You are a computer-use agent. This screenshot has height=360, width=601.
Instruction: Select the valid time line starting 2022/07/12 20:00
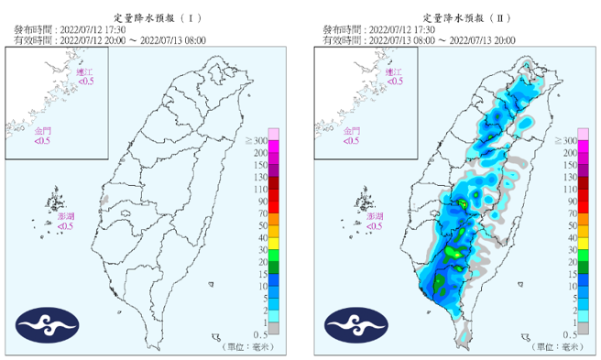pos(109,40)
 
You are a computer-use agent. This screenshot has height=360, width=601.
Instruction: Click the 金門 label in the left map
pos(43,131)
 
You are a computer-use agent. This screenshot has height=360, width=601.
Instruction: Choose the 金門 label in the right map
pos(352,131)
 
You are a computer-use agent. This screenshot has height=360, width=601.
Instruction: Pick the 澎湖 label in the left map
pos(65,215)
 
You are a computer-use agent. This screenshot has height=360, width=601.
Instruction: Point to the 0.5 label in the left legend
pos(260,335)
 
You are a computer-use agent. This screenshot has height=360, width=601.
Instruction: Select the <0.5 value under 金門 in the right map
pos(352,141)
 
